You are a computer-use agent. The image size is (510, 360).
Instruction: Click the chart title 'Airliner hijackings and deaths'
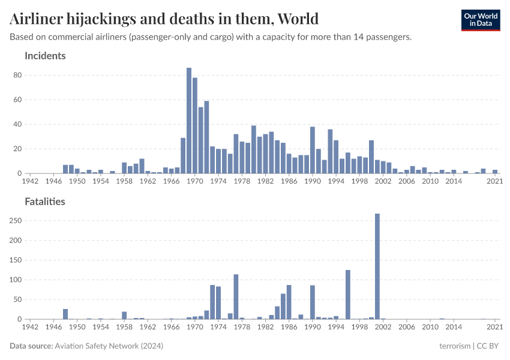pyautogui.click(x=164, y=19)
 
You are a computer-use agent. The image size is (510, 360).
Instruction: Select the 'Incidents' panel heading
pyautogui.click(x=45, y=56)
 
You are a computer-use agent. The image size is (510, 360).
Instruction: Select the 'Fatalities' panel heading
pyautogui.click(x=45, y=202)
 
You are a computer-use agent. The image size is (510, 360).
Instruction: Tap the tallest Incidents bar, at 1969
pyautogui.click(x=189, y=121)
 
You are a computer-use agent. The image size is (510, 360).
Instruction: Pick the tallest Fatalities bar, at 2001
pyautogui.click(x=377, y=266)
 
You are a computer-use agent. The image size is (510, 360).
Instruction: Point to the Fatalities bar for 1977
pyautogui.click(x=236, y=296)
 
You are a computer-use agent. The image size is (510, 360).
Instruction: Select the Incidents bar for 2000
pyautogui.click(x=371, y=157)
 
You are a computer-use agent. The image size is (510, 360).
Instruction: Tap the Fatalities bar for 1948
pyautogui.click(x=65, y=314)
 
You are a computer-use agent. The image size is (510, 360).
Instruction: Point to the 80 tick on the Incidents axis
pyautogui.click(x=17, y=75)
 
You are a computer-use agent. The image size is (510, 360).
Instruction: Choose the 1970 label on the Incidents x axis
pyautogui.click(x=195, y=181)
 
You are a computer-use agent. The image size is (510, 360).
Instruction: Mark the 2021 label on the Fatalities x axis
pyautogui.click(x=494, y=327)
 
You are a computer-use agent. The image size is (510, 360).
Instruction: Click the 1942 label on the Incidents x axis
pyautogui.click(x=30, y=181)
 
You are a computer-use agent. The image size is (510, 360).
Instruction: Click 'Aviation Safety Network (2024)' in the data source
pyautogui.click(x=109, y=346)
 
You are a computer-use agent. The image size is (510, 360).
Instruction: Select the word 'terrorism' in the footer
pyautogui.click(x=455, y=346)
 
